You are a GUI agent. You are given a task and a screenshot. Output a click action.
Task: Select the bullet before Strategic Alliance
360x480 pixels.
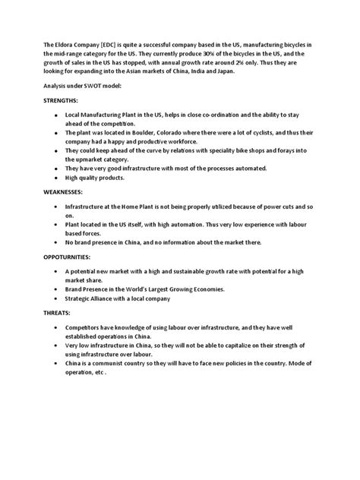pos(56,298)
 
